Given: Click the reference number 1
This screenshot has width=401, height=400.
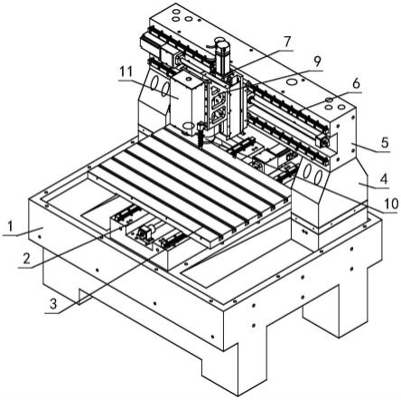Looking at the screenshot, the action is click(x=11, y=226).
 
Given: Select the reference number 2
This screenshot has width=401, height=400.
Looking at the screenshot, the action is click(x=27, y=258).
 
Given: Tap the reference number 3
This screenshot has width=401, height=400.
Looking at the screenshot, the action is click(x=53, y=304).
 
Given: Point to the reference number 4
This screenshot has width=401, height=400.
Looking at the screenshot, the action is click(x=383, y=179).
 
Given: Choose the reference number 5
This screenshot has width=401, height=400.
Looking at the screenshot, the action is click(x=385, y=142).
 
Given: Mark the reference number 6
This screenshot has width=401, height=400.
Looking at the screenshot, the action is click(x=356, y=83).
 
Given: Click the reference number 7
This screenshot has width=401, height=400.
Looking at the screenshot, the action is click(x=287, y=42).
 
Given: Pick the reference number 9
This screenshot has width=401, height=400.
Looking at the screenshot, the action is click(x=317, y=62).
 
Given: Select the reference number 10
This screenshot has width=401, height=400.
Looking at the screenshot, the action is click(x=391, y=204).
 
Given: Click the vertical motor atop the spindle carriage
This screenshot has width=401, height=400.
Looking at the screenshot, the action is click(x=222, y=57).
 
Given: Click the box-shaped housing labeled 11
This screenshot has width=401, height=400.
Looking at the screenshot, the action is click(x=184, y=102).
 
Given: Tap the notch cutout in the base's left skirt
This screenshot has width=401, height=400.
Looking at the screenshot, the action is click(x=86, y=297).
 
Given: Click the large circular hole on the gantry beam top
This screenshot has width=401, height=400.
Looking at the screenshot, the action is click(x=292, y=81).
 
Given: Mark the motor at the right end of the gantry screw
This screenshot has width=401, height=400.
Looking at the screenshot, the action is click(x=322, y=141).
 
